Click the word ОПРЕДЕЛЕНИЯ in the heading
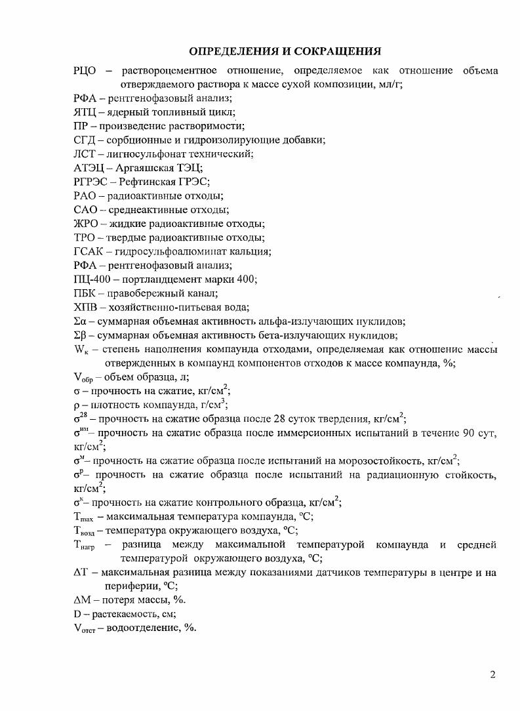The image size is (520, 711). tap(231, 51)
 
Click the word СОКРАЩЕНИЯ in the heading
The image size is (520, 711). tap(335, 51)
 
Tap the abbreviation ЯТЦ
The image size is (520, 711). tap(85, 112)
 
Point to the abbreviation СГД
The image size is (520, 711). tap(85, 140)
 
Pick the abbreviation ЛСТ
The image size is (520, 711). tap(85, 154)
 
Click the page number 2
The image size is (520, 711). tap(492, 675)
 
